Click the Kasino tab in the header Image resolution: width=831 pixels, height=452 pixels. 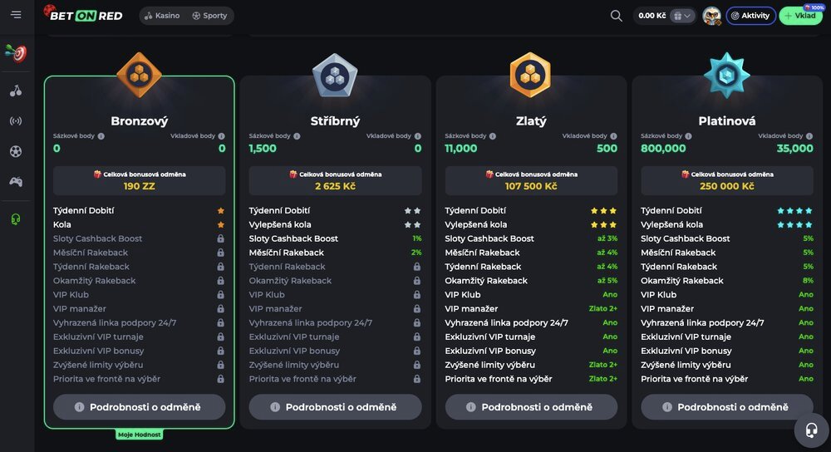tap(162, 16)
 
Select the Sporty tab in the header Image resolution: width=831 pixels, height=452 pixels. tap(209, 16)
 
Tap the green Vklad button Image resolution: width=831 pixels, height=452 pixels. tap(800, 16)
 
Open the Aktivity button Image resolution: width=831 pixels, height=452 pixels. tap(750, 16)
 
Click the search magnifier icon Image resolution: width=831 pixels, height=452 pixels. tap(617, 16)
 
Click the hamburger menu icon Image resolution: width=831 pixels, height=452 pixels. tap(16, 15)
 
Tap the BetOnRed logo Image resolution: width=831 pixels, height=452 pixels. tap(83, 15)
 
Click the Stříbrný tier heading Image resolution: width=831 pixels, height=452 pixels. tap(335, 121)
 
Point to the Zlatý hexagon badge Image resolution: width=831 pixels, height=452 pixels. tap(530, 76)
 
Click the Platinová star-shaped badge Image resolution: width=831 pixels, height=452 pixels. tap(726, 76)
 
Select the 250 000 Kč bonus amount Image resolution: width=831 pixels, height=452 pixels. tap(727, 186)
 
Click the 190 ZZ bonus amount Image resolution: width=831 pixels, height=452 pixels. tap(140, 186)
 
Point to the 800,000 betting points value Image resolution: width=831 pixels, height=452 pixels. tap(664, 149)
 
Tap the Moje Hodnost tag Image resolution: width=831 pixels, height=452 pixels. tap(139, 435)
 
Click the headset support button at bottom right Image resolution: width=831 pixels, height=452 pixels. tap(810, 430)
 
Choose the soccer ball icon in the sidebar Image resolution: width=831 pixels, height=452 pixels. tap(16, 151)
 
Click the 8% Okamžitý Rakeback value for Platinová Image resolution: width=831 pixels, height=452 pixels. tap(808, 281)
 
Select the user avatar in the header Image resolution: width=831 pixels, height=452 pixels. tap(711, 16)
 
